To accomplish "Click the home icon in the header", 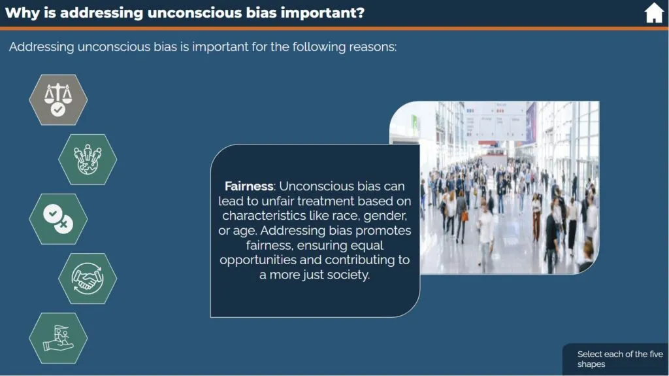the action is pyautogui.click(x=653, y=13).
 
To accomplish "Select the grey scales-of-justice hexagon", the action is pyautogui.click(x=58, y=100).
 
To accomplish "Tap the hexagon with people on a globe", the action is pyautogui.click(x=88, y=160).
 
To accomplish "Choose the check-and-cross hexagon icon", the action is pyautogui.click(x=58, y=219).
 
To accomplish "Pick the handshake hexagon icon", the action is pyautogui.click(x=88, y=279).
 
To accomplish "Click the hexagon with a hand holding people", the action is pyautogui.click(x=58, y=338).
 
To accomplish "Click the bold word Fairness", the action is pyautogui.click(x=250, y=186).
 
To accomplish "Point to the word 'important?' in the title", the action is pyautogui.click(x=323, y=13).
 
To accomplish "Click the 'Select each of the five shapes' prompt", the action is pyautogui.click(x=620, y=359).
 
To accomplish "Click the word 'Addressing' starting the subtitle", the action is pyautogui.click(x=41, y=47).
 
